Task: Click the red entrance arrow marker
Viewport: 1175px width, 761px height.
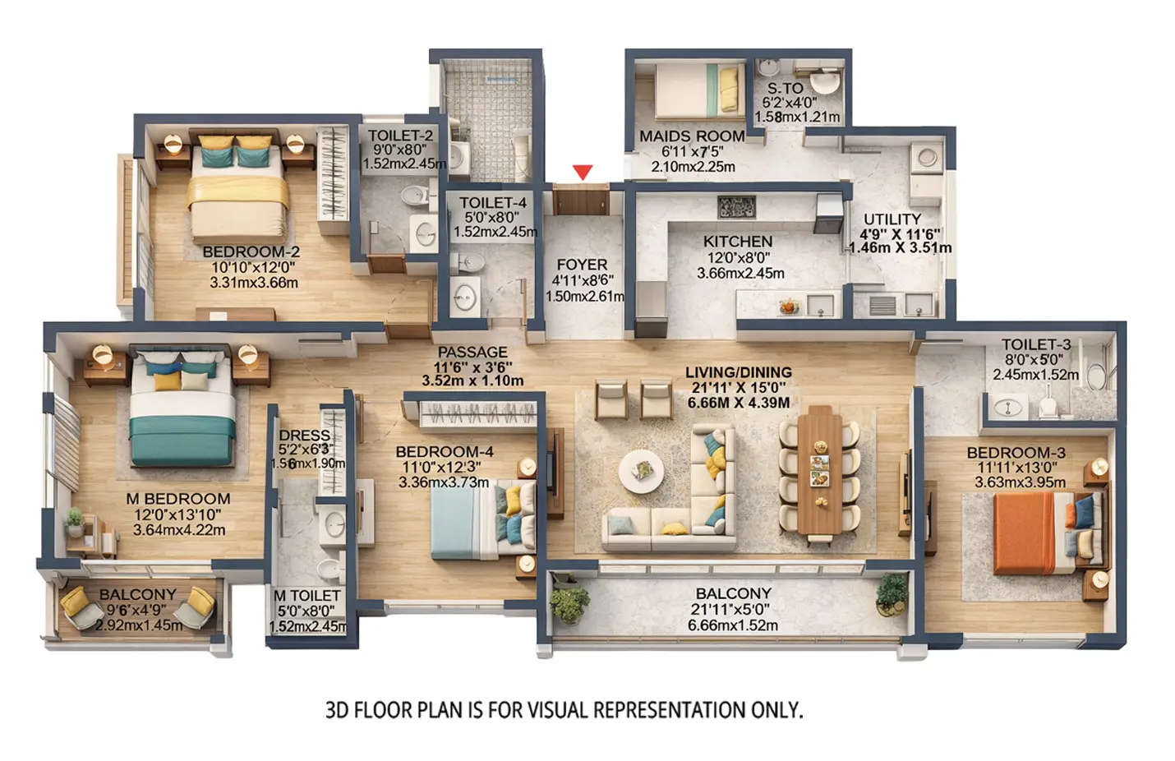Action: click(x=583, y=172)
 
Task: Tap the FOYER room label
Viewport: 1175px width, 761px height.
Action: click(x=582, y=265)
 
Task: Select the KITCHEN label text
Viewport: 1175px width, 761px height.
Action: click(x=738, y=242)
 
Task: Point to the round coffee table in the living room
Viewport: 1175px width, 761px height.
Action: click(x=642, y=471)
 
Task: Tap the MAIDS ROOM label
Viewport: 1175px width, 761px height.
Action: click(x=692, y=136)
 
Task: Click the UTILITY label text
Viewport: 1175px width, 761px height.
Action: click(x=892, y=219)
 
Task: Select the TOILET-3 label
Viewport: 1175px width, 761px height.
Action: click(x=1036, y=344)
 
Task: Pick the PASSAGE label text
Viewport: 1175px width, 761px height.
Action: click(x=472, y=353)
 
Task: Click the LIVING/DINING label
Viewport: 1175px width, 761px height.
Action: click(x=739, y=372)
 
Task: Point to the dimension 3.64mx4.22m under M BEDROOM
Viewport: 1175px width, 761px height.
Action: click(x=179, y=530)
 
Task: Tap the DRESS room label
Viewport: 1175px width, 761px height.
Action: click(x=304, y=436)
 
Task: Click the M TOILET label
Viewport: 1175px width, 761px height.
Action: click(x=306, y=595)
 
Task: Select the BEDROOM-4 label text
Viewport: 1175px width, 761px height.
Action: click(x=444, y=452)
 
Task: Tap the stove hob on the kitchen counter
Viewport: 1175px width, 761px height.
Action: click(x=736, y=207)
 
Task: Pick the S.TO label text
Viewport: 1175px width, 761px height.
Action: click(x=786, y=88)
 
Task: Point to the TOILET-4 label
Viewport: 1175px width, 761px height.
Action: click(x=493, y=203)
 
